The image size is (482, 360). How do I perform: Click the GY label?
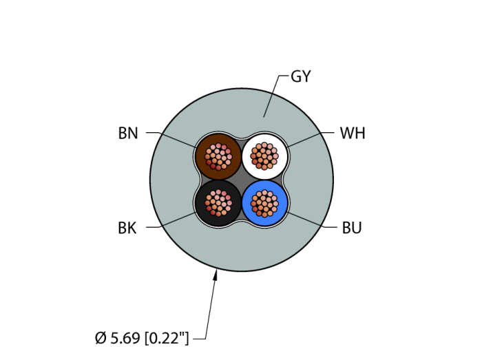click(301, 77)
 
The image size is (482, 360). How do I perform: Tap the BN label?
click(128, 134)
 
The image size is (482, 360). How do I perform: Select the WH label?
click(353, 134)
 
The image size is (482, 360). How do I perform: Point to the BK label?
click(127, 229)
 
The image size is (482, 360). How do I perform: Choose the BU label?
click(352, 229)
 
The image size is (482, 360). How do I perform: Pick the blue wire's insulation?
click(281, 213)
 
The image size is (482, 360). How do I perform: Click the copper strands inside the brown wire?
click(218, 156)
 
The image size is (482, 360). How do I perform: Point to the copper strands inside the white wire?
click(264, 156)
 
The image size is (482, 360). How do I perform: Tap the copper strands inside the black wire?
click(218, 203)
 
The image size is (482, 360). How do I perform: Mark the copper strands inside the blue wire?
click(264, 203)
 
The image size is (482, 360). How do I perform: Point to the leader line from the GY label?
click(271, 96)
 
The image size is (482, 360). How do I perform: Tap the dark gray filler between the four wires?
click(241, 180)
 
